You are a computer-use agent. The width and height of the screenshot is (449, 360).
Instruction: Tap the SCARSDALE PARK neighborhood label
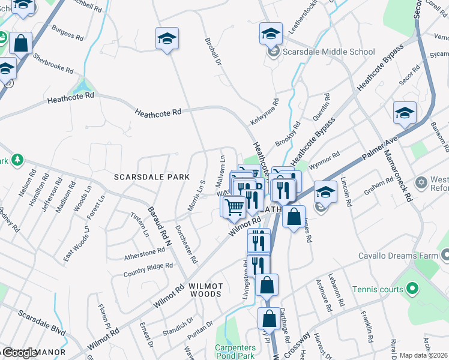coord(152,177)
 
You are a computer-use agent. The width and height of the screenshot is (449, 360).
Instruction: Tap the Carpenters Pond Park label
coord(236,352)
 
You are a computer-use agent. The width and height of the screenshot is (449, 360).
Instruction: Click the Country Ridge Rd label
coord(148,269)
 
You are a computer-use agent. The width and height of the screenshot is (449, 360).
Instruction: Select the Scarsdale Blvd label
coord(41,323)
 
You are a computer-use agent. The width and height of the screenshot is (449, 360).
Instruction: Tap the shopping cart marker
coord(234,207)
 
